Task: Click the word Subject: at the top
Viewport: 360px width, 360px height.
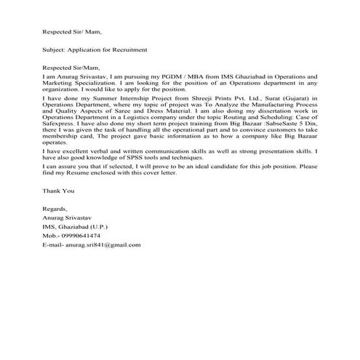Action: point(55,50)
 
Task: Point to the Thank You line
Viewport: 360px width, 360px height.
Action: point(58,211)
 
